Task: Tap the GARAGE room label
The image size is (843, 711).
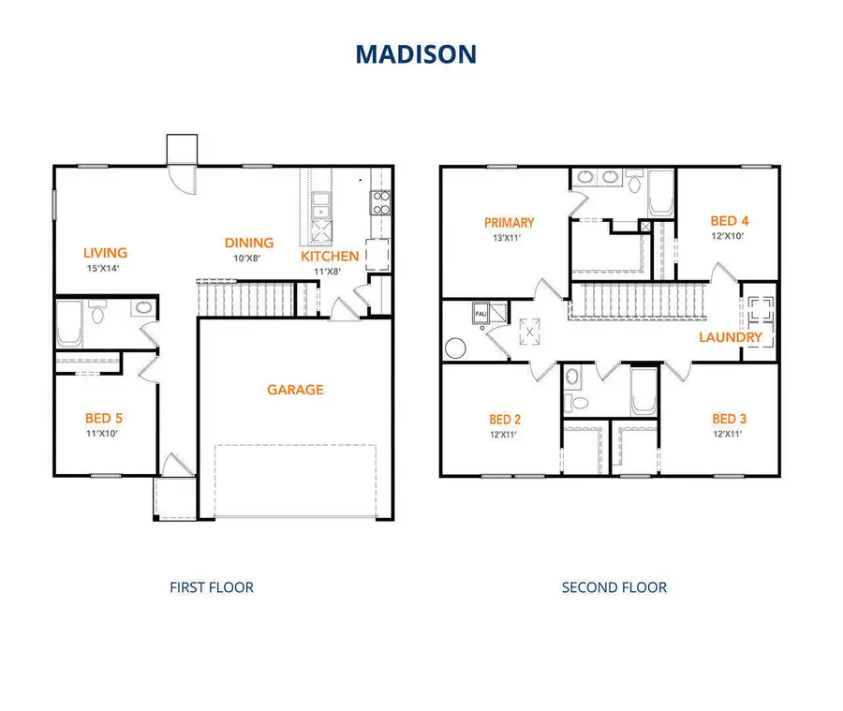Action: (x=294, y=390)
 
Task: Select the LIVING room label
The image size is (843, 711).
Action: (x=105, y=252)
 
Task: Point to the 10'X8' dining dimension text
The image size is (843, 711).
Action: (x=248, y=258)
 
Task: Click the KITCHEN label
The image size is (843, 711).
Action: (x=330, y=257)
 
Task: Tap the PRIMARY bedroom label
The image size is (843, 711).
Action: (x=510, y=223)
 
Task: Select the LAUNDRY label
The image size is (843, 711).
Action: (x=731, y=337)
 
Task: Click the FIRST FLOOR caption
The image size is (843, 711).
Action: (x=212, y=587)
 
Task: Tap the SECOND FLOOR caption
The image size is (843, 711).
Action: (x=614, y=587)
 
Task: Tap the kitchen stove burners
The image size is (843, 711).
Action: (x=381, y=202)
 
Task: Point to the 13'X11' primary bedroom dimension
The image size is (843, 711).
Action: (x=510, y=238)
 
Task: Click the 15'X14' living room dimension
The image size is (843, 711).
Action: (x=105, y=268)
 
